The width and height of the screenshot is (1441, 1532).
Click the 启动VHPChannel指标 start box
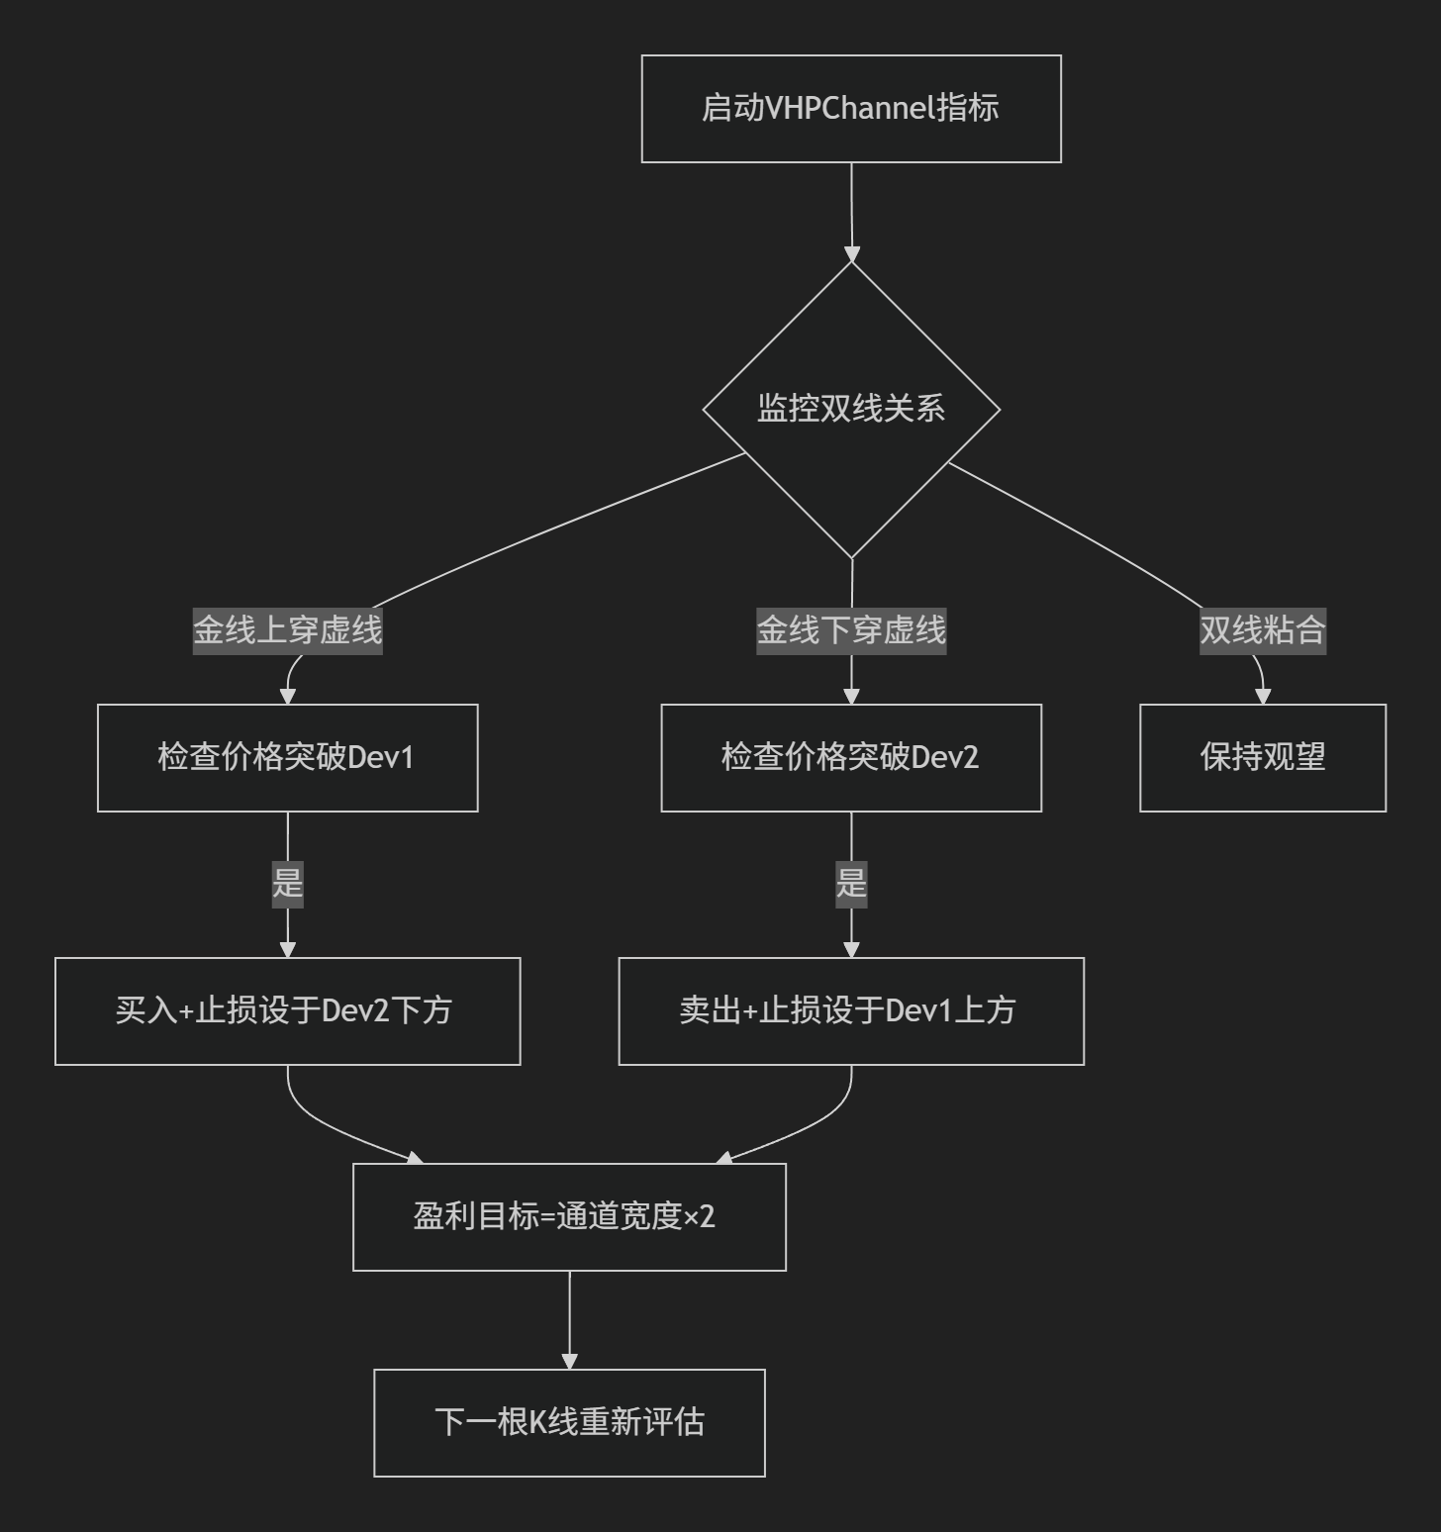click(x=851, y=109)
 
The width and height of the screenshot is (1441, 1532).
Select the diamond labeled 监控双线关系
click(x=851, y=409)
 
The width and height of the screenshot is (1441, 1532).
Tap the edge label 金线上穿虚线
click(x=288, y=629)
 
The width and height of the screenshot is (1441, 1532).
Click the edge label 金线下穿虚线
click(x=851, y=629)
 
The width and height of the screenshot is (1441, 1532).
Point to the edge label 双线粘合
click(x=1263, y=629)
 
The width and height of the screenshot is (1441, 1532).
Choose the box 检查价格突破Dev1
click(x=288, y=758)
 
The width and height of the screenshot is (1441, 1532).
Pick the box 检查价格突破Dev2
click(x=851, y=758)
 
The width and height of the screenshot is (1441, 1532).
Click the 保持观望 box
click(x=1263, y=758)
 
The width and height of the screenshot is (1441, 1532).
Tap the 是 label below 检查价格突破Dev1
click(x=288, y=882)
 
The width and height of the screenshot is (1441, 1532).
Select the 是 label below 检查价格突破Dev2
click(x=851, y=882)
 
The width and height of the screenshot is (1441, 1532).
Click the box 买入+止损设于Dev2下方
click(x=288, y=1011)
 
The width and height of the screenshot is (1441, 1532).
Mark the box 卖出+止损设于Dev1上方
click(x=851, y=1011)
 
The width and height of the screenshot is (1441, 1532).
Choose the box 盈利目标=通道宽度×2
click(x=570, y=1217)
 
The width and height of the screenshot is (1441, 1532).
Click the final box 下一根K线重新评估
click(x=570, y=1423)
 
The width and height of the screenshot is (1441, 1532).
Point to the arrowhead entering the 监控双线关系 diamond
click(x=851, y=254)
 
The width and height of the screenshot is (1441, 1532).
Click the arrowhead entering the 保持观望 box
click(x=1263, y=697)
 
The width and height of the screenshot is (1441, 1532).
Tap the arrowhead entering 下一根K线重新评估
click(x=569, y=1362)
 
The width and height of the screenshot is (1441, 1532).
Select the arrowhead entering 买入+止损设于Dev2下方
click(x=288, y=950)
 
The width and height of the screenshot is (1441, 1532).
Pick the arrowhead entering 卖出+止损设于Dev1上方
click(x=851, y=950)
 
